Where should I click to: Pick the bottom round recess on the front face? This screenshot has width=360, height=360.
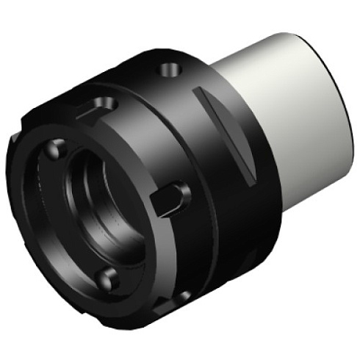pos(109,277)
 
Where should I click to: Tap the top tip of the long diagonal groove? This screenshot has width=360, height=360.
pos(198,91)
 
